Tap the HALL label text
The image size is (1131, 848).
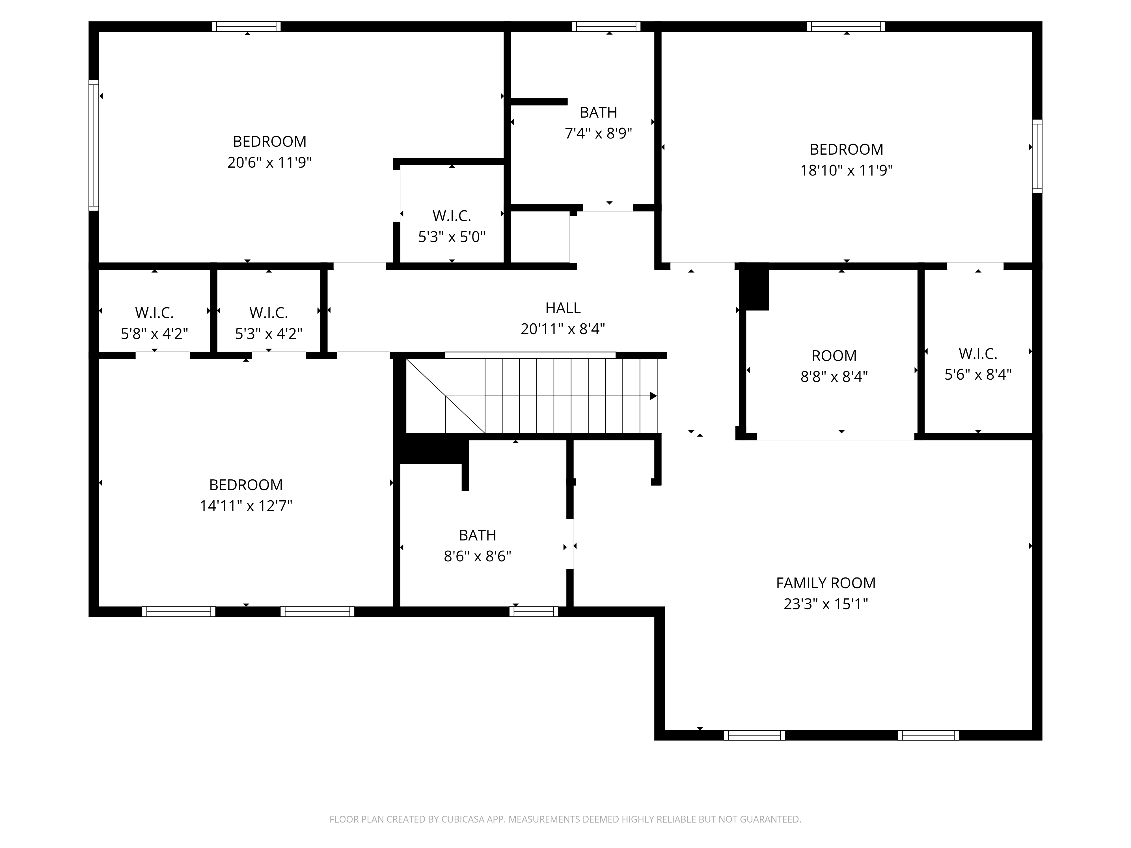point(563,308)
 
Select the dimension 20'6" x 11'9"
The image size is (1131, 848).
point(269,163)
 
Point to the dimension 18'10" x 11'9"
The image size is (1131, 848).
point(846,170)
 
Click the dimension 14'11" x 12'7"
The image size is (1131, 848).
point(246,506)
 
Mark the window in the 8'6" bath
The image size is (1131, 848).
point(533,611)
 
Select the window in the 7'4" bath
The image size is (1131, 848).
point(606,27)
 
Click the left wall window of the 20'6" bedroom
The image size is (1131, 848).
point(94,145)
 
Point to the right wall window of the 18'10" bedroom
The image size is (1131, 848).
point(1037,156)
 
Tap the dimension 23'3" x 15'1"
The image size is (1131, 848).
point(826,604)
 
